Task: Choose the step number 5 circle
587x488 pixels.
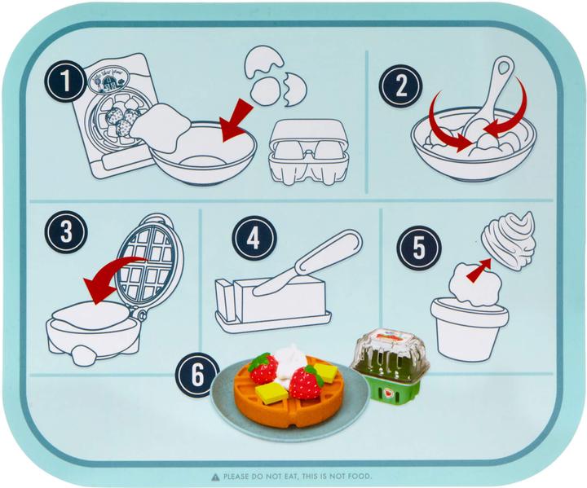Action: click(x=418, y=247)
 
